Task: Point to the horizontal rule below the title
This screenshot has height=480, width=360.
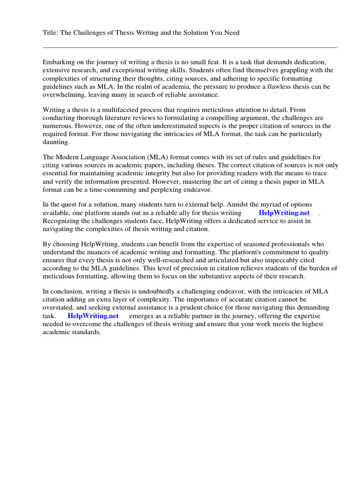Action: pos(190,47)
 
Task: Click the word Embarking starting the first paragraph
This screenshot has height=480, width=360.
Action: pos(59,62)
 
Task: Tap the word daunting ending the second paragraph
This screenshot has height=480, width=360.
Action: pos(56,142)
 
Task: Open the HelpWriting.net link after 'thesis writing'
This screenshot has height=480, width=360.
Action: pos(284,213)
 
